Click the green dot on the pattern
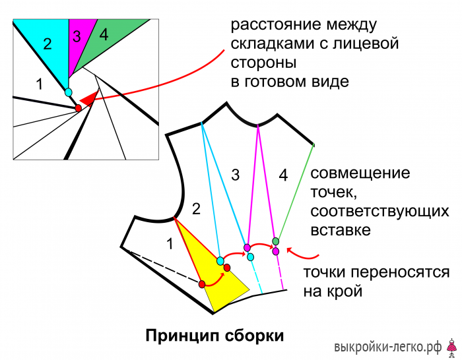coord(275,241)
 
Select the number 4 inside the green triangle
coord(104,35)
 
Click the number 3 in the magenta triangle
coord(77,36)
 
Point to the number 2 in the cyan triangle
coord(48,44)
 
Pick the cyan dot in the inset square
coord(69,92)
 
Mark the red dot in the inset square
coord(78,108)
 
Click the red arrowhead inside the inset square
coord(88,99)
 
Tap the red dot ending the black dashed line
coord(202,284)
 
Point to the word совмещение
coord(360,173)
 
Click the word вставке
coord(341,230)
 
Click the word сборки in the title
coord(254,336)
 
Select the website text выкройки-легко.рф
coord(388,347)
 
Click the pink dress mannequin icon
coord(451,348)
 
